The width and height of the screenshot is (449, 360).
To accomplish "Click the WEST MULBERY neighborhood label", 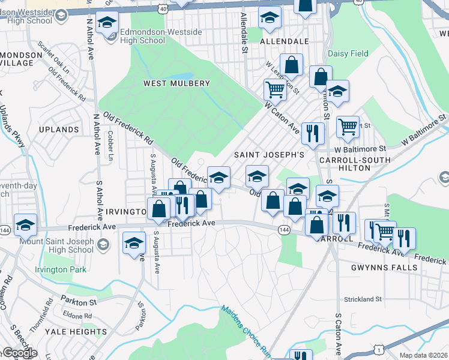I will click(176, 83).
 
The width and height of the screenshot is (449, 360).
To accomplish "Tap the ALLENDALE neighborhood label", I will click(285, 41).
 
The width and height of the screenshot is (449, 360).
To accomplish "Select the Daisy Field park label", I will click(348, 54).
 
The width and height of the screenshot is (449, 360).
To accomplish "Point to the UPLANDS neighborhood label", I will click(59, 130).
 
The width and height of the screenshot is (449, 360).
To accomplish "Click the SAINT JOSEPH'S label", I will click(269, 155).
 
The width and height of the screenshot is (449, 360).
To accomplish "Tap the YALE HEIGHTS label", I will click(79, 332).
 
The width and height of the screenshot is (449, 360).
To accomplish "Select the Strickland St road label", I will click(363, 299).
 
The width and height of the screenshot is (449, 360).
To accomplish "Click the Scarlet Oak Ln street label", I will click(53, 56).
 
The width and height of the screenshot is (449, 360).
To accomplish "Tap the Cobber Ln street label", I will click(110, 147).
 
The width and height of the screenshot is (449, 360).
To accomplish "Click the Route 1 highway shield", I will click(378, 349).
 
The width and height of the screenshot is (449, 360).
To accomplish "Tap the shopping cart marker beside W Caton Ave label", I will click(275, 90).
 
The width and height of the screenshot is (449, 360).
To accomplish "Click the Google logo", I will click(19, 353).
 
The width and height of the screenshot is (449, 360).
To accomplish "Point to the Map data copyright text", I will click(423, 355).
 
